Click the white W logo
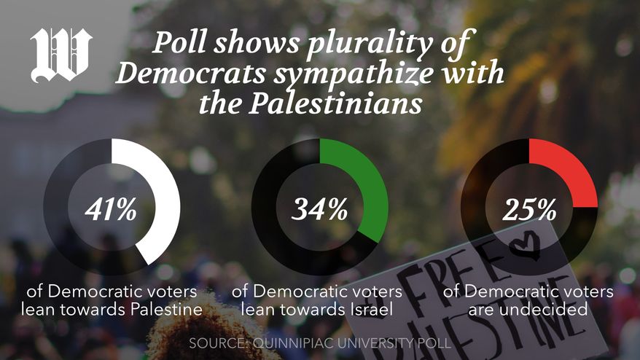pyautogui.click(x=61, y=55)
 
